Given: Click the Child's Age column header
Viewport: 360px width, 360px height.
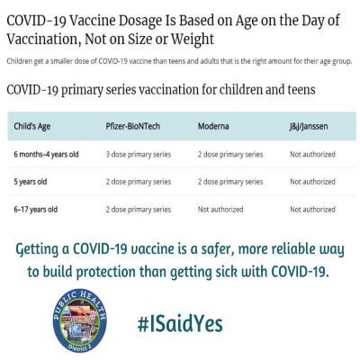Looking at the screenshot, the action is [32, 126].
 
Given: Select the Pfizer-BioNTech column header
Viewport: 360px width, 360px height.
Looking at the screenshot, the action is [132, 126].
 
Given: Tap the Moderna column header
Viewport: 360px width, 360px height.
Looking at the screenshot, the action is [213, 126].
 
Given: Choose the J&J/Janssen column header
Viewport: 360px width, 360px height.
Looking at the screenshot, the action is [309, 126].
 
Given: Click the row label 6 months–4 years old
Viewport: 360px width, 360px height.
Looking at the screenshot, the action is [46, 155].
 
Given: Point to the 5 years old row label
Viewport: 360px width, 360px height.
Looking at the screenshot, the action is [31, 182].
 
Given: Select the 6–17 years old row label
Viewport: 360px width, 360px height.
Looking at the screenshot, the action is [36, 210].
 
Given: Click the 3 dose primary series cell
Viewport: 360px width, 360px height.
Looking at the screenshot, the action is [139, 155].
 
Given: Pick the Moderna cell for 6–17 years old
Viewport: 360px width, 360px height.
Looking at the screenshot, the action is [220, 210].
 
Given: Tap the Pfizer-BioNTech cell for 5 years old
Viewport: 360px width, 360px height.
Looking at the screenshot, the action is [139, 182].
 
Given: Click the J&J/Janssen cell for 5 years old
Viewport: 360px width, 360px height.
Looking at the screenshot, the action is [312, 182].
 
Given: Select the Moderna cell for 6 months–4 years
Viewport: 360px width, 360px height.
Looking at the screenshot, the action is [230, 155].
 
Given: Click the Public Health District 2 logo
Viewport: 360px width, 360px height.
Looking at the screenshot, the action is [79, 320].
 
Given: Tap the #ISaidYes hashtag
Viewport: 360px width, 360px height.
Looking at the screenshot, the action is [180, 324].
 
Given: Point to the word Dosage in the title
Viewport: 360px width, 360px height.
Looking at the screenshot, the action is [140, 21].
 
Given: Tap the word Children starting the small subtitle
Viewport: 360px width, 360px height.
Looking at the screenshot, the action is [20, 61].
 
